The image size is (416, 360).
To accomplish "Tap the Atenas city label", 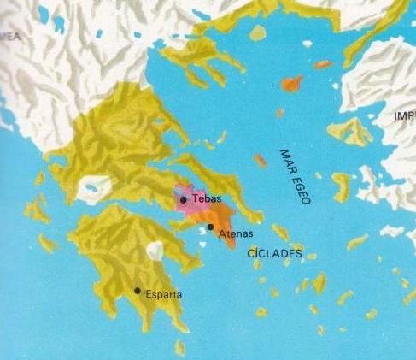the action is [233, 233].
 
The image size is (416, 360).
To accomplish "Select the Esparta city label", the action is [163, 296].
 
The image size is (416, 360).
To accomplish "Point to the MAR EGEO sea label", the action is [294, 174].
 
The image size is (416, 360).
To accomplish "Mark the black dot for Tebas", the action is [184, 199].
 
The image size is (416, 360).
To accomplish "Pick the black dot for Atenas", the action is [210, 227].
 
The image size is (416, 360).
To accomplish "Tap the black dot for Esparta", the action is [138, 291].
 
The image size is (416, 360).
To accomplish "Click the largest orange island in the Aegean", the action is [291, 84].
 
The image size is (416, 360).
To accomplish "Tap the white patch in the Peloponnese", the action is [155, 251].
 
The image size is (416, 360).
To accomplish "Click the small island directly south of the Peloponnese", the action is [179, 347].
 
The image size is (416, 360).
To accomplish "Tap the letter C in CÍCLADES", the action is [250, 254].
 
